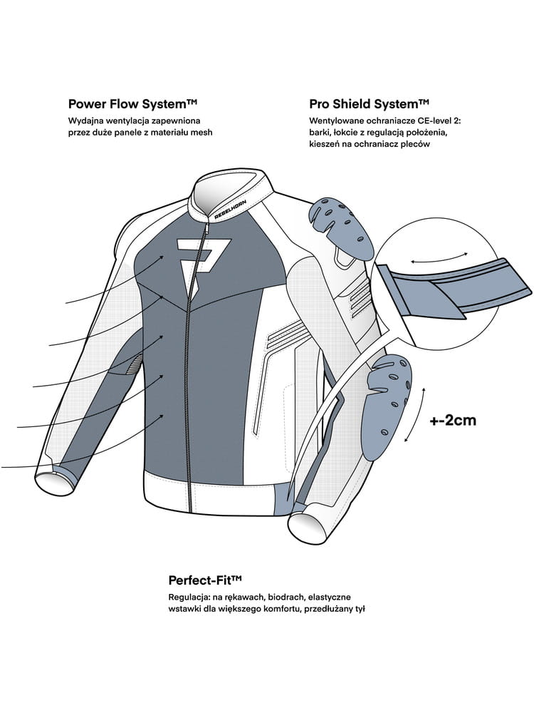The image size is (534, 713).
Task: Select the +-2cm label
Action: [x=453, y=420]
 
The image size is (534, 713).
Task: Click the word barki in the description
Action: [x=321, y=133]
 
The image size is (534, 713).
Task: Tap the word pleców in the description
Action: [x=417, y=144]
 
